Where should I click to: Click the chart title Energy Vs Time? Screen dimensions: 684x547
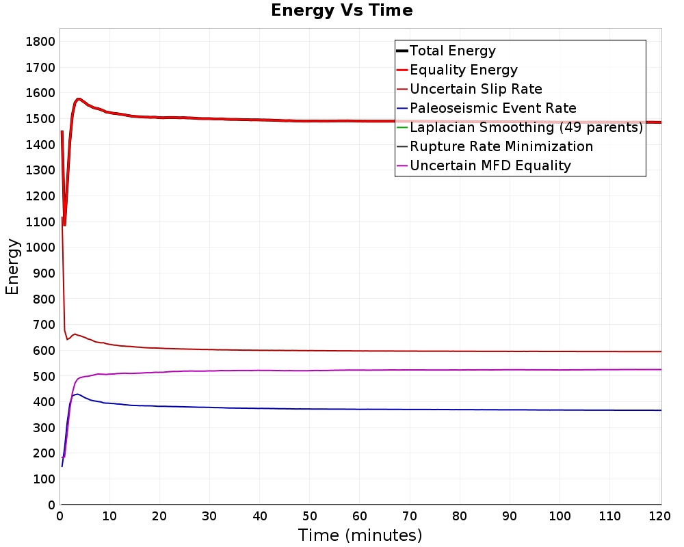(x=341, y=10)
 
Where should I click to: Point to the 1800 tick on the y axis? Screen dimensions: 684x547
(x=40, y=42)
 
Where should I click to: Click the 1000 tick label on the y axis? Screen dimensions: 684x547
(x=40, y=248)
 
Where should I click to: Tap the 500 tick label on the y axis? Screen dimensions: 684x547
(x=44, y=376)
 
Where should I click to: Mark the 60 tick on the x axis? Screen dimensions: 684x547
(x=360, y=516)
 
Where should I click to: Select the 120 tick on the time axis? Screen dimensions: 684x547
(x=659, y=516)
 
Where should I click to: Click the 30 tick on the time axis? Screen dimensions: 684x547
(x=209, y=516)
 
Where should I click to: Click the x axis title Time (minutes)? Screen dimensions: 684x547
(x=360, y=535)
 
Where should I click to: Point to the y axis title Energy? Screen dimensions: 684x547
(x=12, y=267)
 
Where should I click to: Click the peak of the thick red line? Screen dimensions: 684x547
(x=79, y=99)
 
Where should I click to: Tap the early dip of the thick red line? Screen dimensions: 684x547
(x=64, y=225)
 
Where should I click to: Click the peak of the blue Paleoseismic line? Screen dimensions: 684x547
(x=77, y=395)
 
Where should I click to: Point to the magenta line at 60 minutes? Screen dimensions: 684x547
(x=360, y=371)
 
